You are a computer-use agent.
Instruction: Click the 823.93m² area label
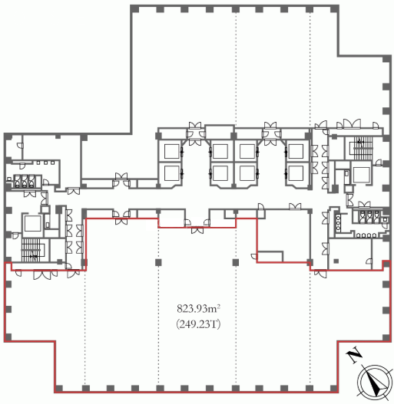[x=198, y=308]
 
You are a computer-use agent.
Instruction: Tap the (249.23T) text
[x=198, y=324]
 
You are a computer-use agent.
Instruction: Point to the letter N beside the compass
[x=354, y=355]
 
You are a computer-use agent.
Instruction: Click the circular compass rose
[x=374, y=382]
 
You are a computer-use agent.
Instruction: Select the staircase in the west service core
[x=31, y=250]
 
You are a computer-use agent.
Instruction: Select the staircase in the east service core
[x=363, y=148]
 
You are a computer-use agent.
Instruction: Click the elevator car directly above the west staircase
[x=33, y=223]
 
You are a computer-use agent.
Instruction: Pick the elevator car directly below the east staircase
[x=362, y=175]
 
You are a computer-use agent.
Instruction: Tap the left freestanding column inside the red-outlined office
[x=158, y=262]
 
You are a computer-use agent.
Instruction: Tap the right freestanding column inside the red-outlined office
[x=236, y=262]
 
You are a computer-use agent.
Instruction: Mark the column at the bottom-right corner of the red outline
[x=334, y=388]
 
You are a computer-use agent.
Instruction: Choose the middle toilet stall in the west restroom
[x=25, y=181]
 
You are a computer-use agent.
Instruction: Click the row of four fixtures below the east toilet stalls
[x=366, y=235]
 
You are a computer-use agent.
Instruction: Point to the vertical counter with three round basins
[x=338, y=223]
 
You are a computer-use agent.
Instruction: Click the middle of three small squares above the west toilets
[x=45, y=163]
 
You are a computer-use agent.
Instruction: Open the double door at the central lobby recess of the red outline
[x=197, y=230]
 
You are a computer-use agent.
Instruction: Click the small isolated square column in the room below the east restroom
[x=336, y=261]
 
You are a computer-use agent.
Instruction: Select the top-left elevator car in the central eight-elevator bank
[x=172, y=151]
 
